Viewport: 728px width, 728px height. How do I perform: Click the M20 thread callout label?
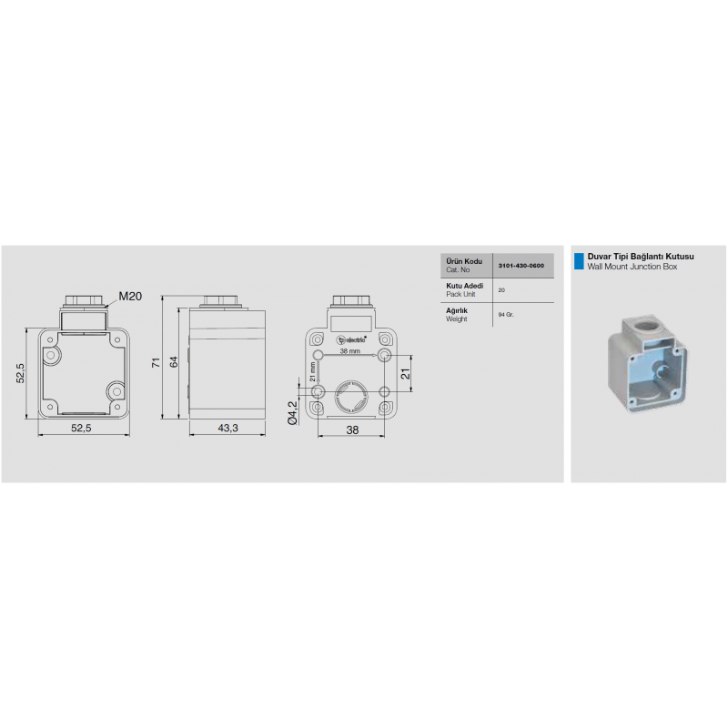pos(131,296)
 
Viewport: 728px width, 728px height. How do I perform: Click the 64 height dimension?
pos(173,364)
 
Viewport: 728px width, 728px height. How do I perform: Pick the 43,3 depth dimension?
pos(227,429)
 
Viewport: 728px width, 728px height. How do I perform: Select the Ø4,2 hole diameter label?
pos(292,413)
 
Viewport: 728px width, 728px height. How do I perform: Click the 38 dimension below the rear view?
pos(352,430)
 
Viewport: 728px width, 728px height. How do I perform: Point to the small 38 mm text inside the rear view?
pos(350,350)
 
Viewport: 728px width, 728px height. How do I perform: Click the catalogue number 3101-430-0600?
pos(521,265)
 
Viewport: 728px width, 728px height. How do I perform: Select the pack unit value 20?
pos(502,289)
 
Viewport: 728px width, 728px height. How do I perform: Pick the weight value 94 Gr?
pos(507,314)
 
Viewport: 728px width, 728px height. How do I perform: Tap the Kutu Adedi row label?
pos(463,286)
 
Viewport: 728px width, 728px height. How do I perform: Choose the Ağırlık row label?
pos(457,310)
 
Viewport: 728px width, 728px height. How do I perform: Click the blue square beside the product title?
pos(578,262)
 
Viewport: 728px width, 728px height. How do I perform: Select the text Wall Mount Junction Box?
pos(632,268)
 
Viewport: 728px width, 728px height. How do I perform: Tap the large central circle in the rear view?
pos(350,398)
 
